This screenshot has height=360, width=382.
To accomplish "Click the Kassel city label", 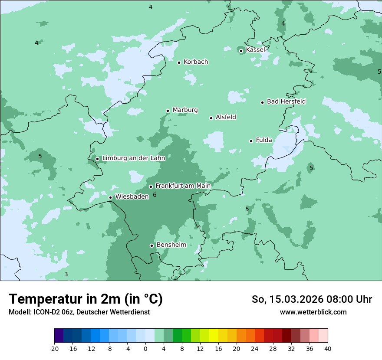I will [255, 50].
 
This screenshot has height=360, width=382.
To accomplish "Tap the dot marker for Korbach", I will [179, 62].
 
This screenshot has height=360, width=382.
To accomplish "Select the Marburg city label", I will [185, 110].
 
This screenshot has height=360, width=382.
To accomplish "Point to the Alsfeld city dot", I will [211, 118].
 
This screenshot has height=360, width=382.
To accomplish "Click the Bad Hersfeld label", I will [286, 101].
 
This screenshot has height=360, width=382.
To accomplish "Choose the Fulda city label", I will [264, 140].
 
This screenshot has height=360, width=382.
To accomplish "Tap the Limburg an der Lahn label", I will [133, 158].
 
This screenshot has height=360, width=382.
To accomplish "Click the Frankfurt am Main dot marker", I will [151, 187].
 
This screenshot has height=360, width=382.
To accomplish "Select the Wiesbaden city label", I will [132, 196].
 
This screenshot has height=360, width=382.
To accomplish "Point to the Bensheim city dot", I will [151, 245].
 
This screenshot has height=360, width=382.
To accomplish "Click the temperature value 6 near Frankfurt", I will [155, 195].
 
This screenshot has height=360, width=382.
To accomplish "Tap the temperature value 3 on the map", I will [66, 274].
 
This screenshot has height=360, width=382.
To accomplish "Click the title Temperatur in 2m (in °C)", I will [86, 299].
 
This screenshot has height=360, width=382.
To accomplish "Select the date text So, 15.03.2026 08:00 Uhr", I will [312, 299].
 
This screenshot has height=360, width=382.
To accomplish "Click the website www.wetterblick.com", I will [313, 312].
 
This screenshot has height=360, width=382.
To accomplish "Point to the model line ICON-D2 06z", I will [79, 312].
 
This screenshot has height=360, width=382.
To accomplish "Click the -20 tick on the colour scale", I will [54, 348].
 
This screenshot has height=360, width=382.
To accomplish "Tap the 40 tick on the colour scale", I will [328, 348].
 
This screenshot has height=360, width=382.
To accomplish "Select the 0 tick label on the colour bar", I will [145, 348].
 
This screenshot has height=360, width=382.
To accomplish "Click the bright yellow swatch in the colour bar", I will [214, 336].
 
